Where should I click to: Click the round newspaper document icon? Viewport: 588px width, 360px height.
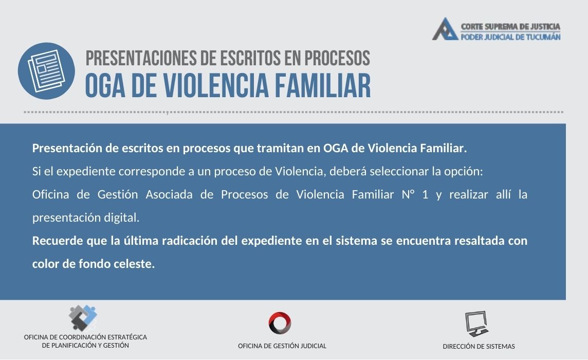(46, 71)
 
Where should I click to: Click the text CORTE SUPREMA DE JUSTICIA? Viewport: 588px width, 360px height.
(510, 27)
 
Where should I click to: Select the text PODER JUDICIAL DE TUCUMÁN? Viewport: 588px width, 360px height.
(510, 37)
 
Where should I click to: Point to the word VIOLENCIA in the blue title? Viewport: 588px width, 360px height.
(216, 85)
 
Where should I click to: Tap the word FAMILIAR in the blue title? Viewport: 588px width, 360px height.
(323, 85)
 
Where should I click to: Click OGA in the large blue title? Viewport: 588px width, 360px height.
(105, 85)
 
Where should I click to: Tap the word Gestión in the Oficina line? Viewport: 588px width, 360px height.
(118, 194)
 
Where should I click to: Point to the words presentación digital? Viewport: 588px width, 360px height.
(86, 218)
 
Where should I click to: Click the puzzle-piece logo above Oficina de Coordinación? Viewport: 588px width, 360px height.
(83, 318)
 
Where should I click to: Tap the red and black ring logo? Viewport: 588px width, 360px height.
(280, 323)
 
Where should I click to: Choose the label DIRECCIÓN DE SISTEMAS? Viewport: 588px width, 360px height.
(479, 347)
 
